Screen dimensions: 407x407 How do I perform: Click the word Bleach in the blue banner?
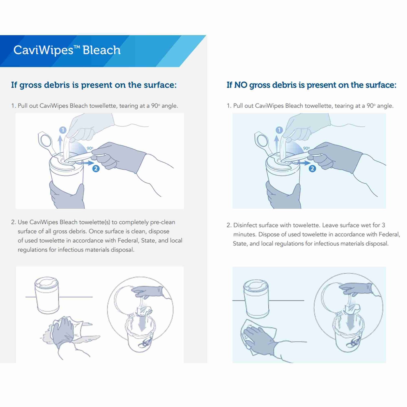pyautogui.click(x=101, y=50)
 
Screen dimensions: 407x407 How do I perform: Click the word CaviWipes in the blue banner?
pyautogui.click(x=43, y=50)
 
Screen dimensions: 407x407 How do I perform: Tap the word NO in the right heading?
pyautogui.click(x=241, y=85)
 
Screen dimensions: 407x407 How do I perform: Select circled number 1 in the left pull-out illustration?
pyautogui.click(x=63, y=130)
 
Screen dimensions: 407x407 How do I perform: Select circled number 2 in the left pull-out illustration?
pyautogui.click(x=96, y=168)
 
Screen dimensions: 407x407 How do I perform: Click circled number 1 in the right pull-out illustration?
pyautogui.click(x=279, y=130)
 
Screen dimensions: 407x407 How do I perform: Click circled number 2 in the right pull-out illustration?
pyautogui.click(x=312, y=169)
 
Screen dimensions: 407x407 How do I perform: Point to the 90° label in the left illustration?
pyautogui.click(x=90, y=148)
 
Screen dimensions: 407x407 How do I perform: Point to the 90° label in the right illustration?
pyautogui.click(x=306, y=148)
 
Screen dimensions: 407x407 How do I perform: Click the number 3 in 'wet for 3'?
pyautogui.click(x=383, y=225)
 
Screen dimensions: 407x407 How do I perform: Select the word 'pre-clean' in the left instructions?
pyautogui.click(x=163, y=222)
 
